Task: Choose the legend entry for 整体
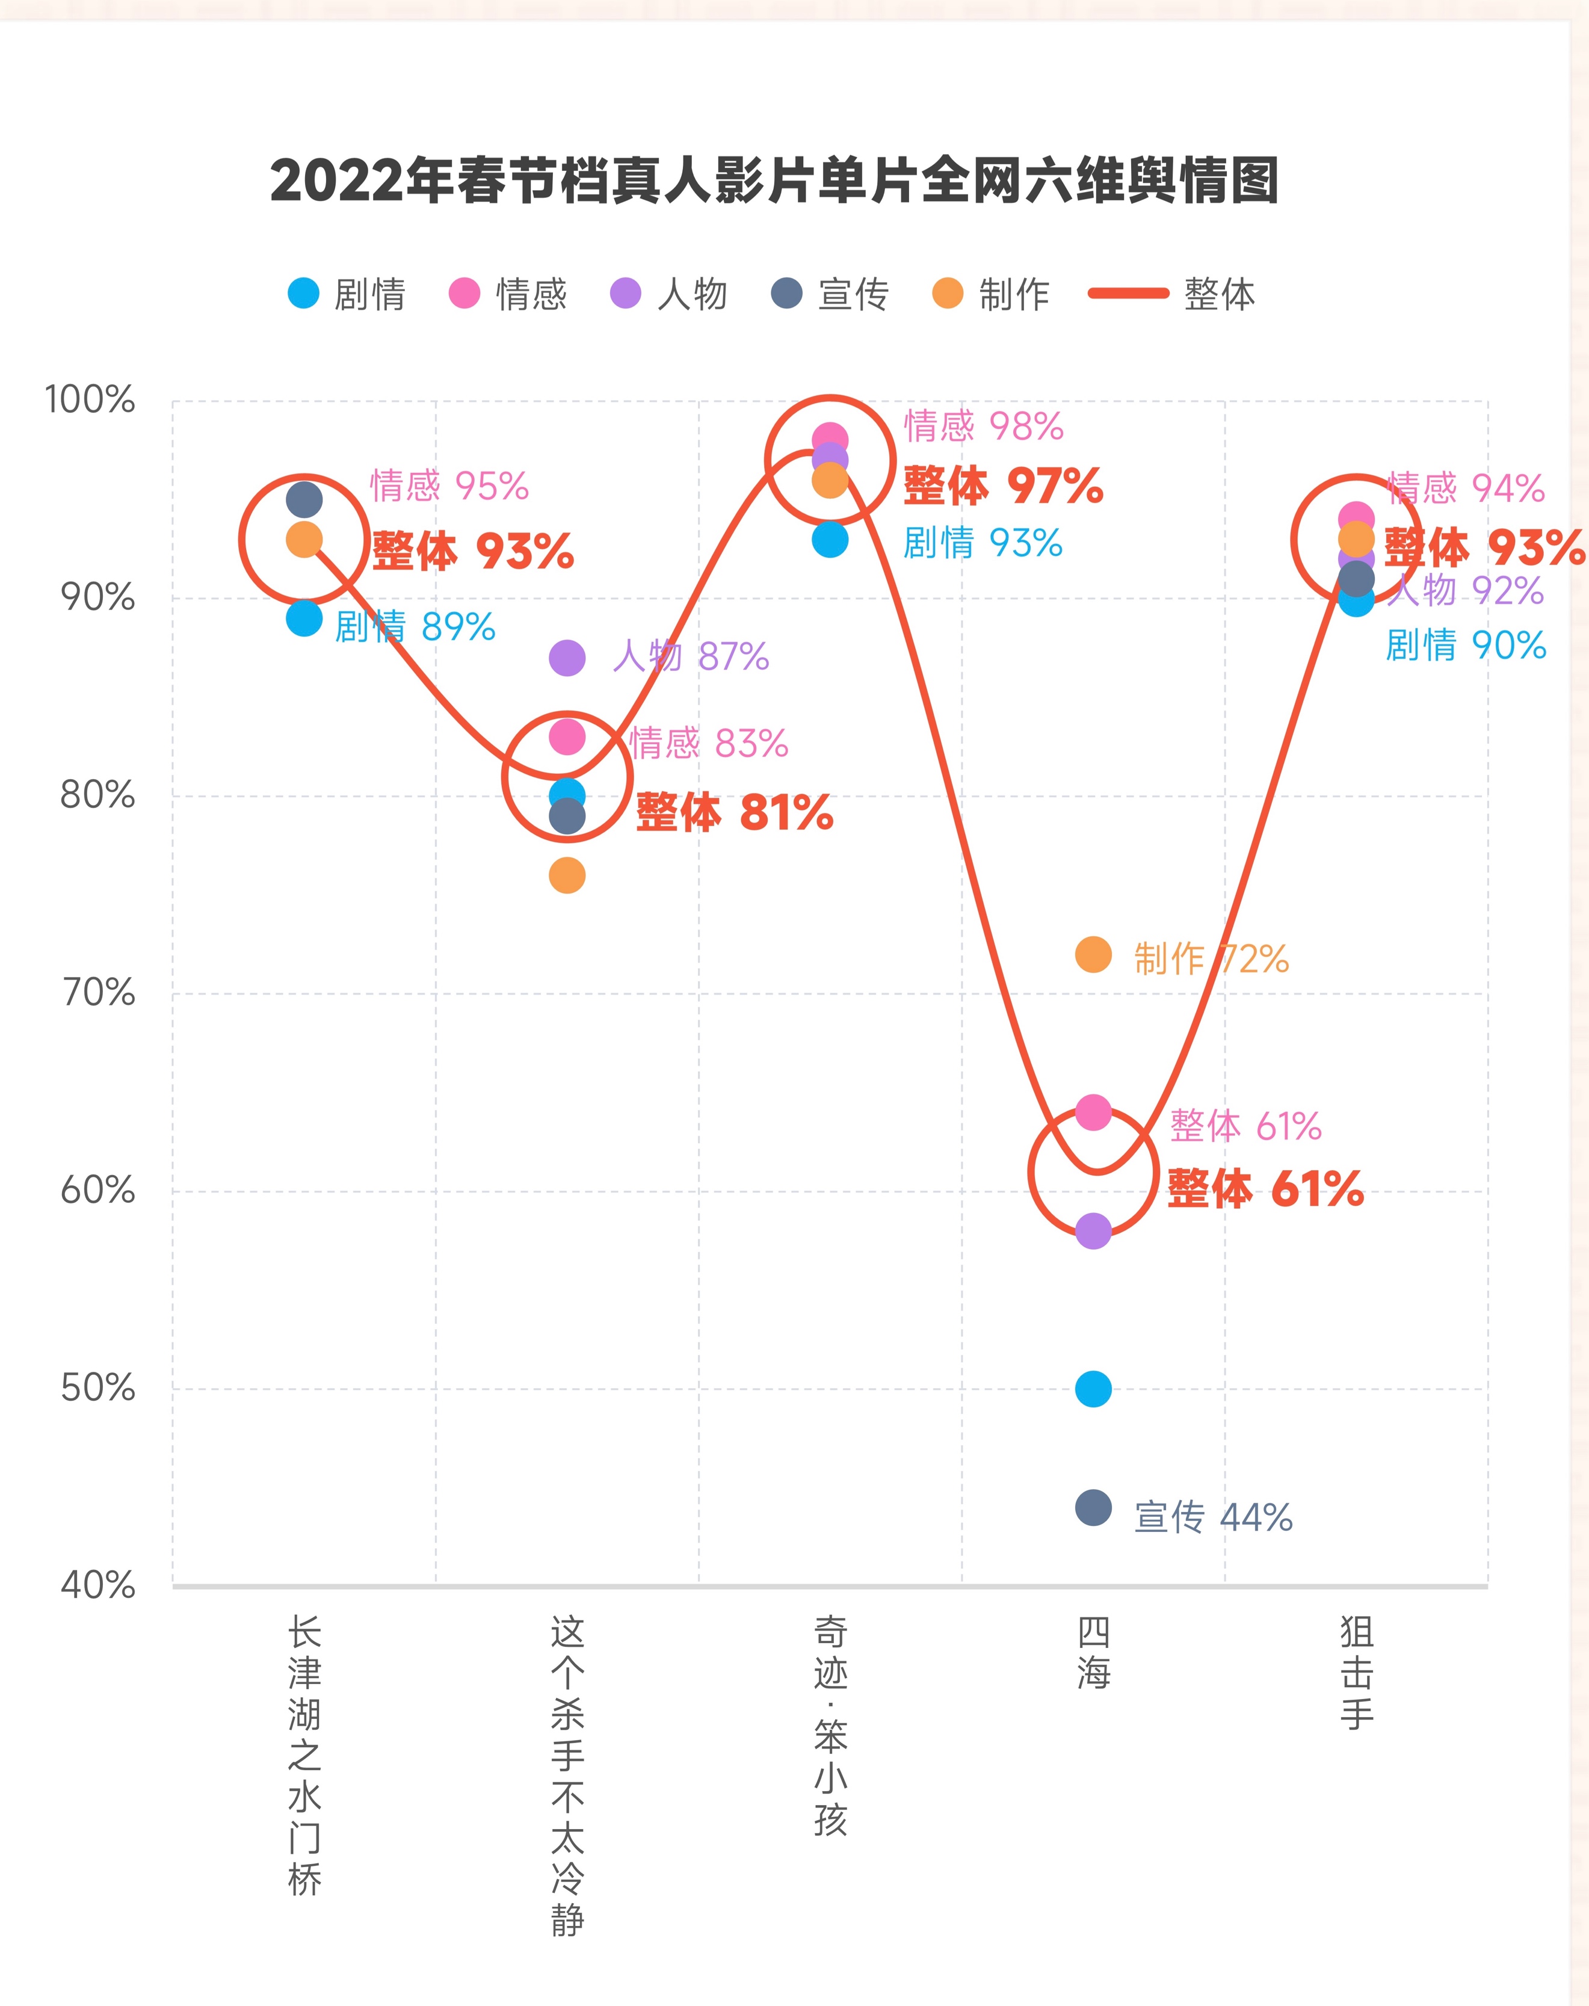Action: pos(1172,294)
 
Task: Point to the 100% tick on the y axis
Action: pos(90,400)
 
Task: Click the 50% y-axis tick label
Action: pos(97,1388)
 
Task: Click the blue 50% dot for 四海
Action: pos(1093,1389)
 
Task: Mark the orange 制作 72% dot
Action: pos(1093,955)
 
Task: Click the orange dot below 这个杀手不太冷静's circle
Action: pos(567,875)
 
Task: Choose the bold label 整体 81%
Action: pos(734,813)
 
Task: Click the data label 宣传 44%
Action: pos(1213,1517)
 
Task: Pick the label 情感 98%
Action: pos(983,426)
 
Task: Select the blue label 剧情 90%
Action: pos(1465,646)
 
